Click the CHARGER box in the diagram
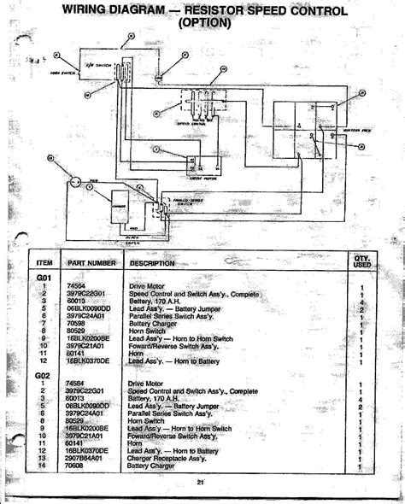pos(118,205)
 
